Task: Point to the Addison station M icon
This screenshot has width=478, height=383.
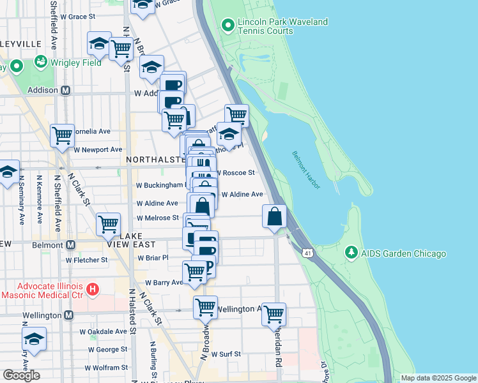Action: click(65, 91)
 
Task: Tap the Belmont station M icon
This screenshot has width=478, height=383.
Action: click(70, 244)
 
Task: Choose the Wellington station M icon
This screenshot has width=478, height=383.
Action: click(68, 315)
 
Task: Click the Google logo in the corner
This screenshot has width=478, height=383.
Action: click(21, 375)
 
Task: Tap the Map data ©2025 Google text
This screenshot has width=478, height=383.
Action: click(438, 378)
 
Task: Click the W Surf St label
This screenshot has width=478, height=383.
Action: click(226, 354)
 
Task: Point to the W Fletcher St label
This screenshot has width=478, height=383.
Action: click(86, 260)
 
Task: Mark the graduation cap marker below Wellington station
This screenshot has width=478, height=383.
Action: click(35, 339)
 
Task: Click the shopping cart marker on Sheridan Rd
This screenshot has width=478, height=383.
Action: click(274, 314)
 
